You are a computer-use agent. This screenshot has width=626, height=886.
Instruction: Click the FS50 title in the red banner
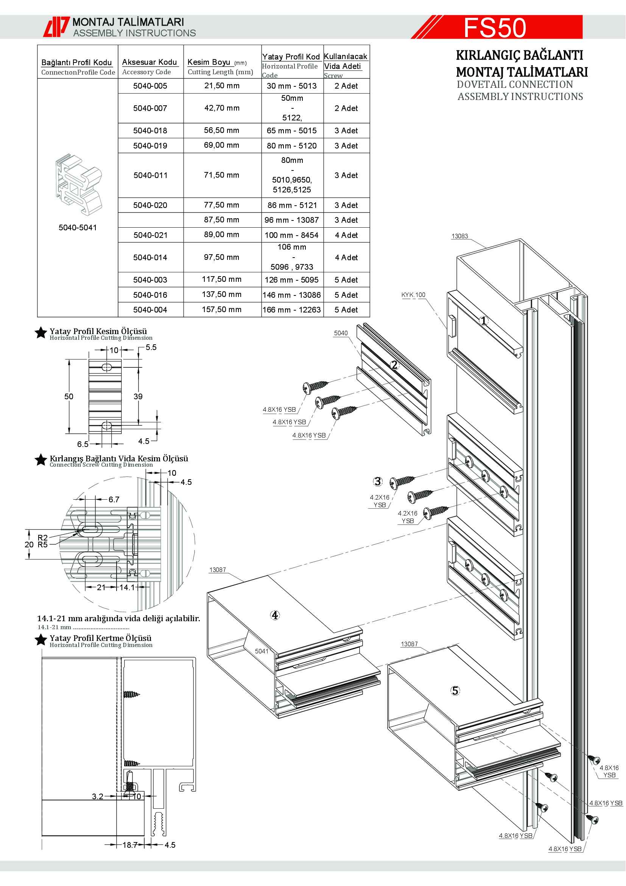[495, 27]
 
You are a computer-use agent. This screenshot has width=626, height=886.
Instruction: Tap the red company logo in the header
[56, 27]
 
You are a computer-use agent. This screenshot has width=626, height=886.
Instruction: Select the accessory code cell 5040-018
[150, 131]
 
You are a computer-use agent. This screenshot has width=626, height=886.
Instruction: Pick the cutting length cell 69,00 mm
[222, 145]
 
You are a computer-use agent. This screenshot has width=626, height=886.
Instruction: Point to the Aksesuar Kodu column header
[149, 62]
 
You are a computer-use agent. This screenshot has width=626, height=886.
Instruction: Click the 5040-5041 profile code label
[78, 228]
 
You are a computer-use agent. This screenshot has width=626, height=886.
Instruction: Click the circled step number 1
[484, 321]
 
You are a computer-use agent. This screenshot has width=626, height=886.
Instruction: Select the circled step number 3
[378, 481]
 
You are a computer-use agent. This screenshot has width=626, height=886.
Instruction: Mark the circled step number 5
[455, 691]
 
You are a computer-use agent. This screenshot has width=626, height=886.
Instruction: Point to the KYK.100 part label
[413, 295]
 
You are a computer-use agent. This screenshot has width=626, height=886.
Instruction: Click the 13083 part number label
[459, 236]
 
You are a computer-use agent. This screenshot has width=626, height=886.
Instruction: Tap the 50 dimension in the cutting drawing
[69, 396]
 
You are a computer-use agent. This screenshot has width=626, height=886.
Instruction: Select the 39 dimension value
[138, 396]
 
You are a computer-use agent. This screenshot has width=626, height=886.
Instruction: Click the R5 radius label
[42, 544]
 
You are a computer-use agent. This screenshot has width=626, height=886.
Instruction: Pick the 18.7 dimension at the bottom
[130, 845]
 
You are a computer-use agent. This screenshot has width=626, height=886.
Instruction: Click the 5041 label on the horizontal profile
[262, 651]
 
